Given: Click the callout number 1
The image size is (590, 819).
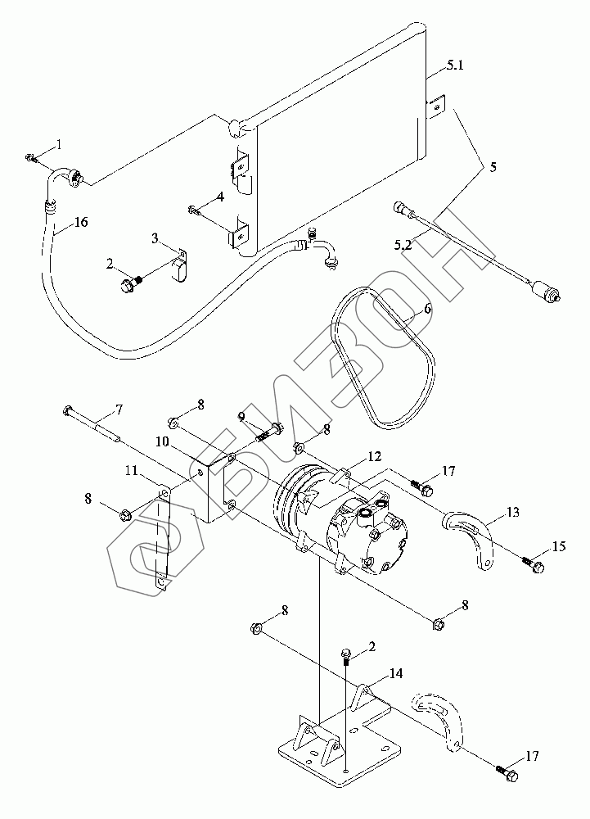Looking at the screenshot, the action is coord(59,144).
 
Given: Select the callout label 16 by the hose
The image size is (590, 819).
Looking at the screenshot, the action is coord(81,222).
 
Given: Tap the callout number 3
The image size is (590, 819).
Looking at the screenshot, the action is coord(155,238).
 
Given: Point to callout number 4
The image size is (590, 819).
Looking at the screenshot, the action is coord(220,197).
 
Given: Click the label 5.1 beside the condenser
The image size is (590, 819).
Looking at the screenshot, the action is coord(454,66).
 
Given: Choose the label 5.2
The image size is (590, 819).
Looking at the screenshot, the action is coord(403,244).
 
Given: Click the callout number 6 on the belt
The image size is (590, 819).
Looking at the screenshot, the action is coord(427,309).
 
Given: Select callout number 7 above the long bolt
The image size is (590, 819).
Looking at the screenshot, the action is coord(119,409).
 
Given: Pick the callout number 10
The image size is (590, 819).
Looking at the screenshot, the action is coord(162,441).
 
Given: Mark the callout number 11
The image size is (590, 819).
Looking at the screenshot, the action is coord(131,471).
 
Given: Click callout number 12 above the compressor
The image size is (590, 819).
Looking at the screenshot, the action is coord(375,456).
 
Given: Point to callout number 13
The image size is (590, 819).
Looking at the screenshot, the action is coord(513,513).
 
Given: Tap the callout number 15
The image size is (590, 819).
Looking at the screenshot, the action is coord(559,546).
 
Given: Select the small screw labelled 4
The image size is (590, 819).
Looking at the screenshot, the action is coord(193,210).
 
